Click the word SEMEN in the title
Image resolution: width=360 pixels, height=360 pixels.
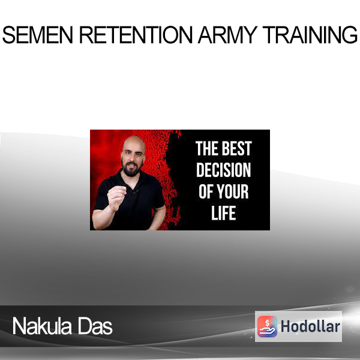tap(38, 35)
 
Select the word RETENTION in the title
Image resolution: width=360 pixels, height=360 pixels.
tap(136, 35)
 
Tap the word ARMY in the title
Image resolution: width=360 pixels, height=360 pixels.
tap(227, 35)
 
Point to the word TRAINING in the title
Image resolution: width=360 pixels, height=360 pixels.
tap(310, 35)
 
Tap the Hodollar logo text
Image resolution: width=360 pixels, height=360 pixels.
tap(310, 326)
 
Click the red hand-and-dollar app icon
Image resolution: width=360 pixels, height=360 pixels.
tap(267, 326)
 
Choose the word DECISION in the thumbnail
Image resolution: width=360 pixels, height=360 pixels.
tap(223, 170)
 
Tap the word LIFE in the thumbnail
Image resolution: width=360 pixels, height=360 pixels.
tap(223, 213)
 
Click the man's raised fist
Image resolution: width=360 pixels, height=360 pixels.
tap(116, 197)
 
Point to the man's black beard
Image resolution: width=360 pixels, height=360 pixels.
tap(131, 169)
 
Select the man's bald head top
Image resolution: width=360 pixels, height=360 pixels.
tap(134, 141)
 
